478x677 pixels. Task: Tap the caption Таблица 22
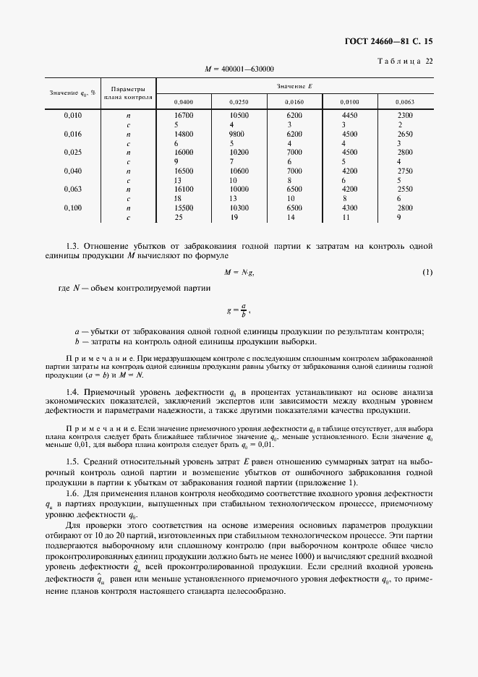[x=406, y=61]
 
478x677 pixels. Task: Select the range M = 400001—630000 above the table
[x=239, y=69]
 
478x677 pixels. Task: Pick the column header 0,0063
[x=404, y=102]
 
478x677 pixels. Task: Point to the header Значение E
[x=294, y=85]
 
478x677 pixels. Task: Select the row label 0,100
[x=72, y=208]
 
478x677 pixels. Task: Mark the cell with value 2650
[x=405, y=134]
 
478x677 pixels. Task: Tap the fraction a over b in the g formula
[x=244, y=309]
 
